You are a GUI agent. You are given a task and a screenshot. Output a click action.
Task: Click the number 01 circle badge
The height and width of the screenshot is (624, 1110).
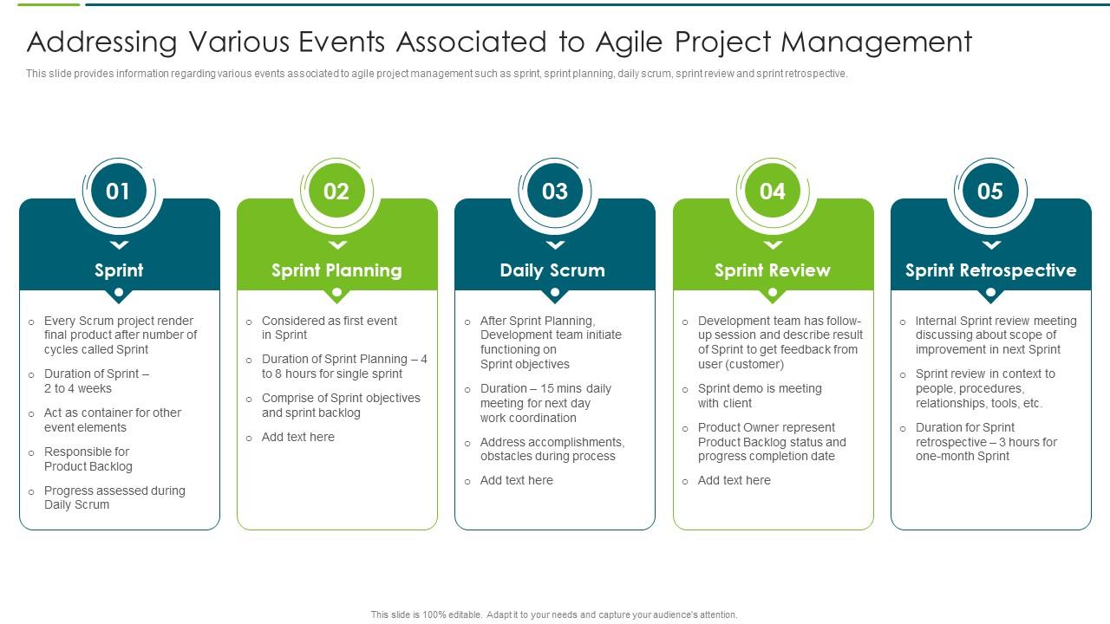coord(119,192)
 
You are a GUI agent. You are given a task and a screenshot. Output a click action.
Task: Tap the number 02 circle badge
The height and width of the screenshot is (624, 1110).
coord(336,192)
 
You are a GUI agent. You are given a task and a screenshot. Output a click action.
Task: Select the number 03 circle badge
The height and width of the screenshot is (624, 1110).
coord(555,192)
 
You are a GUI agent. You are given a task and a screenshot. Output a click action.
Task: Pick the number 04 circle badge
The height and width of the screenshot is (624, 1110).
coord(773,192)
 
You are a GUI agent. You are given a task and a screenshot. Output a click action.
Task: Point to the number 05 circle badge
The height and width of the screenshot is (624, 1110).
coord(990,192)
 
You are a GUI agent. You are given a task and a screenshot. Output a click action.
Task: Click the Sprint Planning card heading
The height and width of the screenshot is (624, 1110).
coord(336,270)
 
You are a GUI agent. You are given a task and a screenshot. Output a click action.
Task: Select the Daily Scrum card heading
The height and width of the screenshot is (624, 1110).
coord(552,270)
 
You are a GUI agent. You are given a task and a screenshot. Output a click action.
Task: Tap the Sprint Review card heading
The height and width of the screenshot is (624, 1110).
coord(773,270)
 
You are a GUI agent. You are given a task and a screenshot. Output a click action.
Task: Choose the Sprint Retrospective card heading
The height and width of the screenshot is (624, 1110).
coord(990,270)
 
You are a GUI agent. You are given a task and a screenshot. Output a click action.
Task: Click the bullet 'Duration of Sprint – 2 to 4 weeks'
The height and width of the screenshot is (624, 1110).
coord(96,381)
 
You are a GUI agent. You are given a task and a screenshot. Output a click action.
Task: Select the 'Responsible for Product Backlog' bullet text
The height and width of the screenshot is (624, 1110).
coord(88,459)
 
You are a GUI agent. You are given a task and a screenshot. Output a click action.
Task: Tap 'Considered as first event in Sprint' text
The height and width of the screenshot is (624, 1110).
coord(330,328)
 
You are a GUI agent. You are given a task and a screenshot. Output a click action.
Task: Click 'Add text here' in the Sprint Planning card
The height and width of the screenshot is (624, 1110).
coord(298,438)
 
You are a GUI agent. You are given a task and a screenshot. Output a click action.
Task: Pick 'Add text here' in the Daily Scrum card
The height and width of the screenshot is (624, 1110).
coord(517,481)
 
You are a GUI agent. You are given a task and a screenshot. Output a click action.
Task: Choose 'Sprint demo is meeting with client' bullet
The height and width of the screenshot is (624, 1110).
coord(760,396)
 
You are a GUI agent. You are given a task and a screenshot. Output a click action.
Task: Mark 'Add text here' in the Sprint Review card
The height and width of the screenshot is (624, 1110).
coord(735,481)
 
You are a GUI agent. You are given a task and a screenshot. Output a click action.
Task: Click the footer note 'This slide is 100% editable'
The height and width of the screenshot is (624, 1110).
coord(554,614)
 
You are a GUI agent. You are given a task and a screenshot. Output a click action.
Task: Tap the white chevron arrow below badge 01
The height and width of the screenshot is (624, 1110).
coord(119,245)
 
